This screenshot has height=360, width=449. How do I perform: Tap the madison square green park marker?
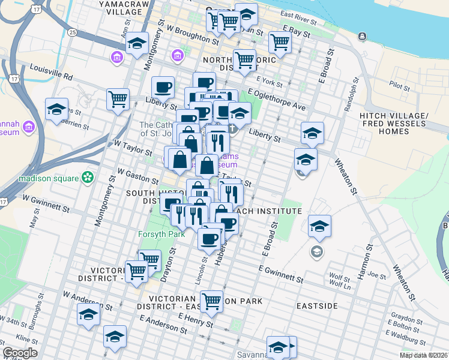click(x=88, y=178)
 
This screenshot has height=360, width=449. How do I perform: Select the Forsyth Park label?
click(x=161, y=234)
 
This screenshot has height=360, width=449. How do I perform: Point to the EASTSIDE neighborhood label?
click(x=317, y=306)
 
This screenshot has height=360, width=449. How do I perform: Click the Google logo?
click(x=19, y=353)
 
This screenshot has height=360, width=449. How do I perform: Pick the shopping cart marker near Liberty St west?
click(x=118, y=98)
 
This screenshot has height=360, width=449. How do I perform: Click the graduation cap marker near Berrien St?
click(x=56, y=109)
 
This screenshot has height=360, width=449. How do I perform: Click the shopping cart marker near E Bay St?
click(x=280, y=42)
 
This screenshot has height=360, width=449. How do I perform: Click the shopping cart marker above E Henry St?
click(x=211, y=301)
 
